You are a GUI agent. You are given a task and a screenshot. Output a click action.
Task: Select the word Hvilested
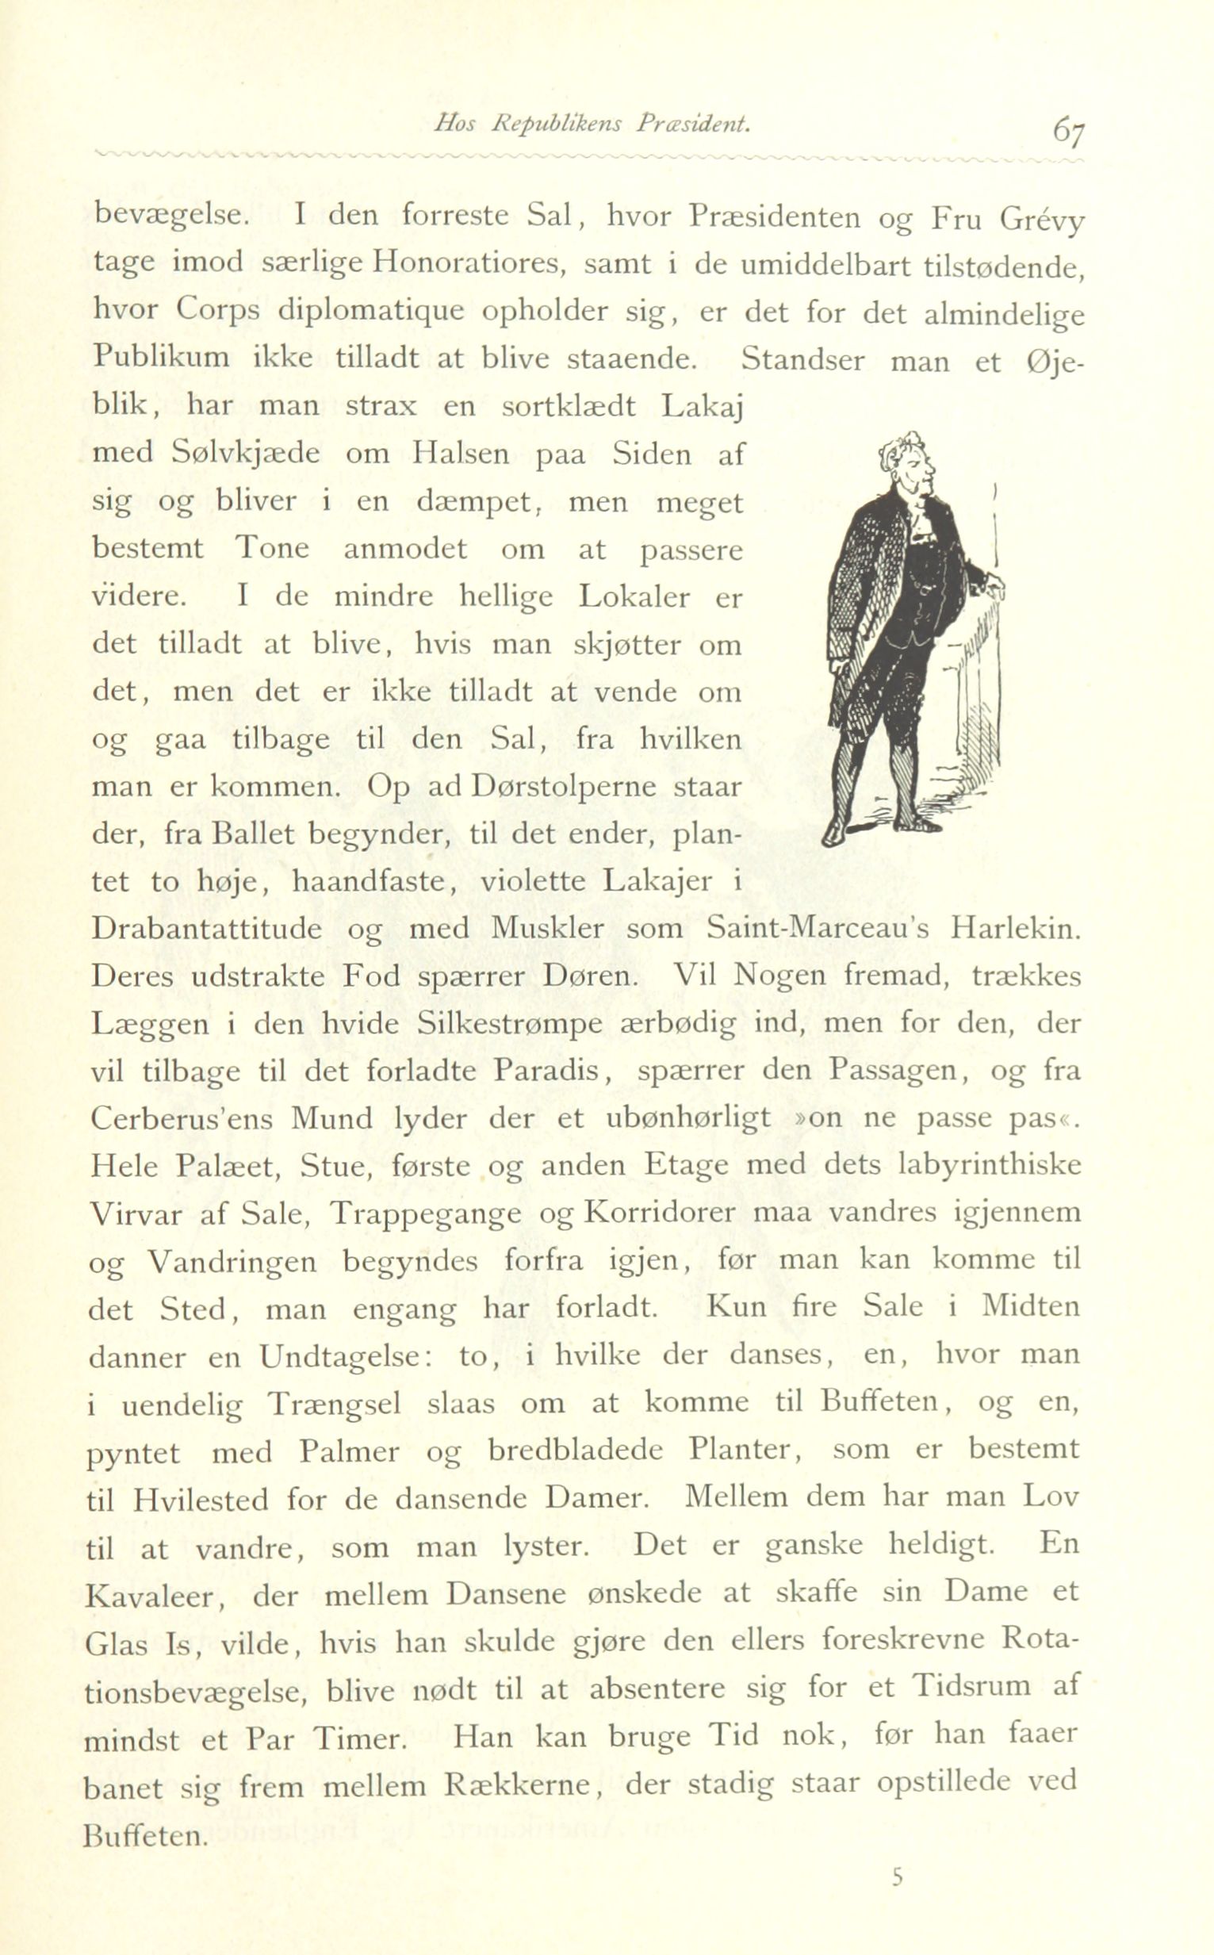[x=201, y=1500]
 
